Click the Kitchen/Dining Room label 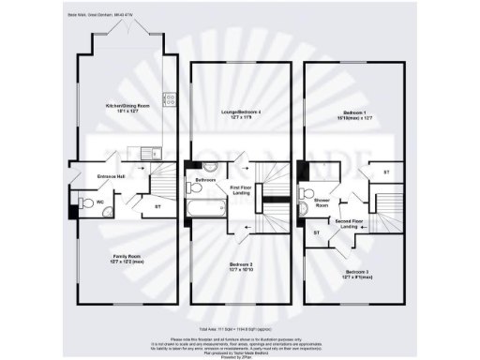[128, 107]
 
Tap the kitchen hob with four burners [169, 97]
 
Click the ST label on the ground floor [157, 206]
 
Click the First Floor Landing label [246, 191]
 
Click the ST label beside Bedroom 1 [386, 172]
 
